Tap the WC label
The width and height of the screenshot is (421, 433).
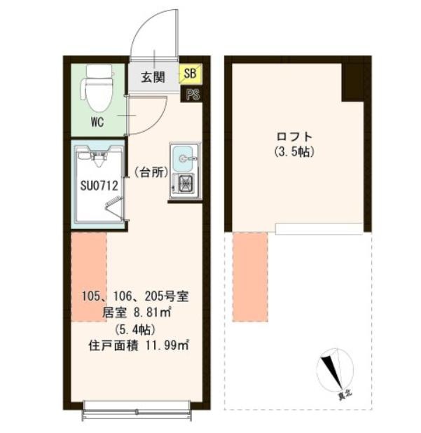[97, 122]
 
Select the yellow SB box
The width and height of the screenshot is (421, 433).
[191, 74]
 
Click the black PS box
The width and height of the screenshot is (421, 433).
[193, 95]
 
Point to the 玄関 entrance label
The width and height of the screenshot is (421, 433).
[153, 77]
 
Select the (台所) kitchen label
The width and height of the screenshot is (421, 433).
[151, 173]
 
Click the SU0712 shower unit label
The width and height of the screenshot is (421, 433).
[99, 186]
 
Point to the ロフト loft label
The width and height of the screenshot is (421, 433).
[294, 137]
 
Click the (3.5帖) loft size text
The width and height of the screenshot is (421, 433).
[294, 152]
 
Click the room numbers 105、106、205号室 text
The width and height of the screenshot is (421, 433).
[135, 296]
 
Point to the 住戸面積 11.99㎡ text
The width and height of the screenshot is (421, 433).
[139, 345]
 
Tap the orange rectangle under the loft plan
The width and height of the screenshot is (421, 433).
[250, 277]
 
